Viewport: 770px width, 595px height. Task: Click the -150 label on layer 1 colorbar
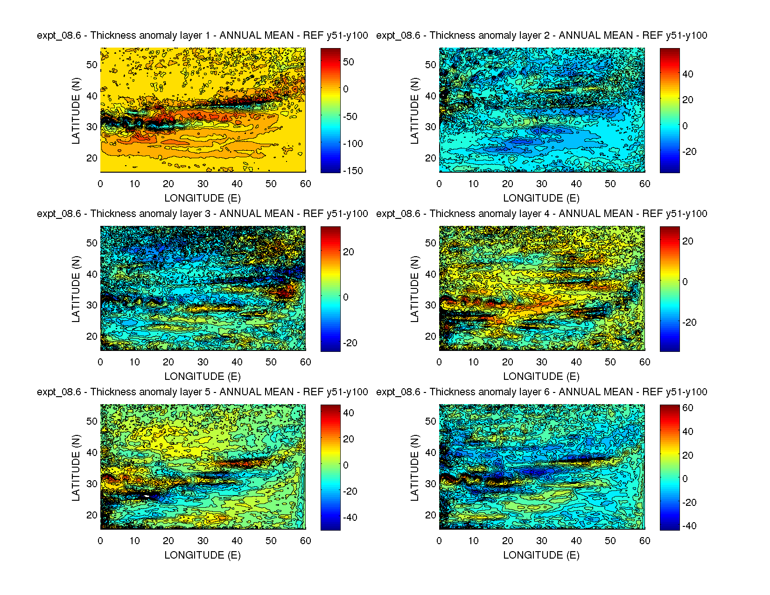[x=353, y=171]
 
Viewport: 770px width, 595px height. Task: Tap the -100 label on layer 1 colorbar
[x=353, y=144]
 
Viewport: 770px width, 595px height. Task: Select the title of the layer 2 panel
[x=541, y=35]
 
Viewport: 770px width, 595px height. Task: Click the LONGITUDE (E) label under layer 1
[x=203, y=198]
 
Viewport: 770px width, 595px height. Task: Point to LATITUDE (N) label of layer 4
[x=414, y=289]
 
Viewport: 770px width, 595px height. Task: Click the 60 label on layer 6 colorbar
[x=688, y=408]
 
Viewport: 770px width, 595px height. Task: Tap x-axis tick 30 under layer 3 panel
[x=203, y=362]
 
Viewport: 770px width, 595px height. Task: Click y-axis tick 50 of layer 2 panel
[x=431, y=65]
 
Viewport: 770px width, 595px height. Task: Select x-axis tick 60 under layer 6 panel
[x=644, y=541]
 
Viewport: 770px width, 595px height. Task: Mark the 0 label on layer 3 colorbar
[x=346, y=297]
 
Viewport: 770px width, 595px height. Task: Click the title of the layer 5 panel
[x=203, y=392]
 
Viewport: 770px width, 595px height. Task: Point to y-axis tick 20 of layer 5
[x=92, y=515]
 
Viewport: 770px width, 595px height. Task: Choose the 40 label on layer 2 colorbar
[x=688, y=74]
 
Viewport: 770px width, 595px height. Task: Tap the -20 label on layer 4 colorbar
[x=689, y=322]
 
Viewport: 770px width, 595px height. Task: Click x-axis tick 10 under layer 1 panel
[x=134, y=184]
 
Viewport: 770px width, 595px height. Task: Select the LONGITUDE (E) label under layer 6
[x=541, y=555]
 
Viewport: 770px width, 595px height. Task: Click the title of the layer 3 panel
[x=203, y=214]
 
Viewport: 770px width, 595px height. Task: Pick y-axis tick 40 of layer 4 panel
[x=431, y=274]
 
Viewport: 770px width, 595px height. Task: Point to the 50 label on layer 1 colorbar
[x=349, y=62]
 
